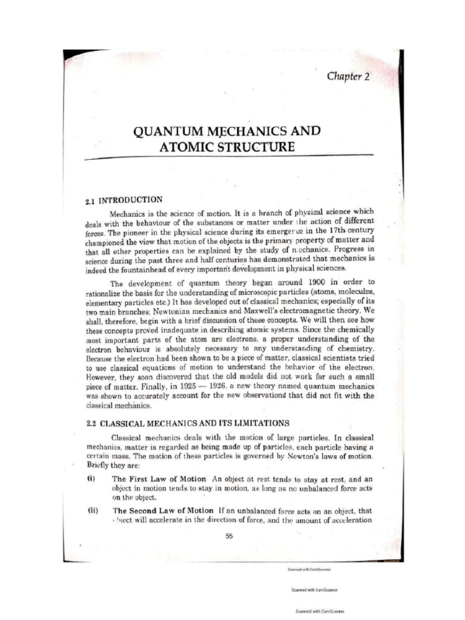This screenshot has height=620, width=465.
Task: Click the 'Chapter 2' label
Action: pos(352,76)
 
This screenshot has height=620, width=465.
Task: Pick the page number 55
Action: pos(229,535)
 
